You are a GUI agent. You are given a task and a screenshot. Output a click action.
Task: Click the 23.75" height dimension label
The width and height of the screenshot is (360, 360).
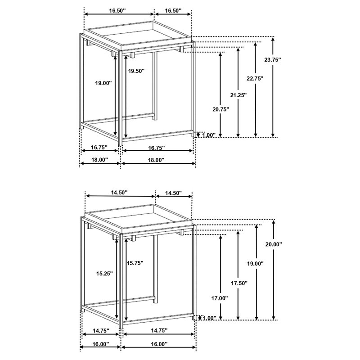pyautogui.click(x=273, y=60)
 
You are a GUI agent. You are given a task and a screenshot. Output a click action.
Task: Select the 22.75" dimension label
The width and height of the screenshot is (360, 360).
pyautogui.click(x=255, y=78)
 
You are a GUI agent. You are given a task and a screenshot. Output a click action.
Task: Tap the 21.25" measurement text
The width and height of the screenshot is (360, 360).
pyautogui.click(x=238, y=95)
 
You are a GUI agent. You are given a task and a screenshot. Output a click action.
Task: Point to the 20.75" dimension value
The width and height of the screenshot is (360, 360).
pyautogui.click(x=221, y=109)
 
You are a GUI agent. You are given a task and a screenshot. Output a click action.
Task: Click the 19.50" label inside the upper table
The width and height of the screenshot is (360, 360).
pyautogui.click(x=136, y=71)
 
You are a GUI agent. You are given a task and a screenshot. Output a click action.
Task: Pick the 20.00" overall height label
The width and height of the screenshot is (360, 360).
pyautogui.click(x=274, y=244)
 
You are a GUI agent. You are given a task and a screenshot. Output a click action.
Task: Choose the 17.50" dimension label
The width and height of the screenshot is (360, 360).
pyautogui.click(x=239, y=283)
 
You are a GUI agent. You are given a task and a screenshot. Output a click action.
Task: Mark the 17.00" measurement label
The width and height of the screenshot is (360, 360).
pyautogui.click(x=220, y=298)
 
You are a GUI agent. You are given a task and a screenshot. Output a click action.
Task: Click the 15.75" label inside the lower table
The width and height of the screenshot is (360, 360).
pyautogui.click(x=135, y=263)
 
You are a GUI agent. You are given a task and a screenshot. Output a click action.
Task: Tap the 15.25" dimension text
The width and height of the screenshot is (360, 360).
pyautogui.click(x=104, y=274)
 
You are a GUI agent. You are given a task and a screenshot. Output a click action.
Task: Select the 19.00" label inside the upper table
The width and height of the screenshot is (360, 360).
pyautogui.click(x=103, y=83)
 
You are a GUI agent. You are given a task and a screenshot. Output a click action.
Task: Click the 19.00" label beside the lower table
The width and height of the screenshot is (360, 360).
pyautogui.click(x=255, y=264)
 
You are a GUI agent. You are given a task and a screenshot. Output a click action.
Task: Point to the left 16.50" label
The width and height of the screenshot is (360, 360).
pyautogui.click(x=117, y=10)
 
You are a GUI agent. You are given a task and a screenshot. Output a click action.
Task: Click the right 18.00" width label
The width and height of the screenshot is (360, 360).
pyautogui.click(x=156, y=160)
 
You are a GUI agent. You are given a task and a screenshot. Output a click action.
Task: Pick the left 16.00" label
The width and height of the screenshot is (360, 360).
pyautogui.click(x=100, y=344)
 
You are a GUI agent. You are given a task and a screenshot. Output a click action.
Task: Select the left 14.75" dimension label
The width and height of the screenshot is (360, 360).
pyautogui.click(x=101, y=331)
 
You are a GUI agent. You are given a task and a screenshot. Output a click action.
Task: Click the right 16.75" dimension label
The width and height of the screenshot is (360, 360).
pyautogui.click(x=157, y=148)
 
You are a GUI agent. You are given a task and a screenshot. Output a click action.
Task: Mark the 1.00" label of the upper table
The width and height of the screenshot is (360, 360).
pyautogui.click(x=208, y=135)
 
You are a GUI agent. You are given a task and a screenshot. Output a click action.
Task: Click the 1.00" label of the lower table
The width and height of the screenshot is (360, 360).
pyautogui.click(x=209, y=318)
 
